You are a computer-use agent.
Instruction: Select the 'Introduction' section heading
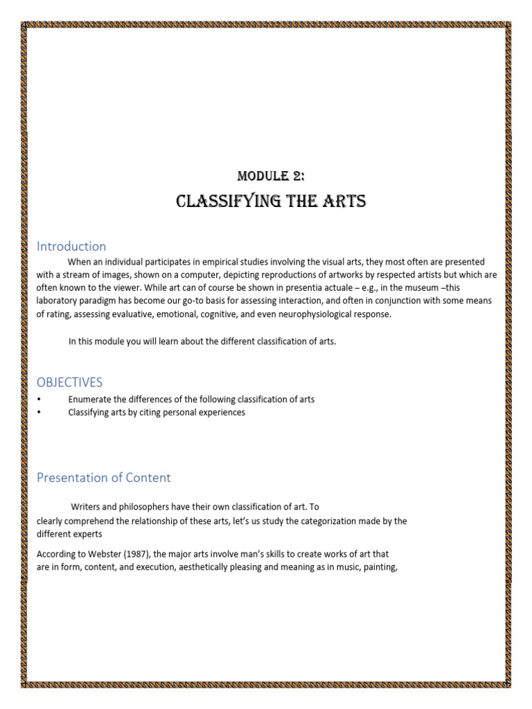click(x=71, y=246)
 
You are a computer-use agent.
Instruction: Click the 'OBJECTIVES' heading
click(x=69, y=382)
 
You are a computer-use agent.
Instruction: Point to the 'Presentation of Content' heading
click(x=103, y=478)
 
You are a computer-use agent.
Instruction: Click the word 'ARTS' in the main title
click(x=342, y=201)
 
